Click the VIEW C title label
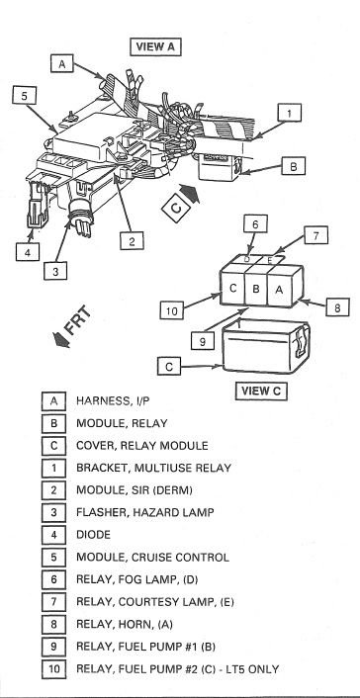tap(261, 391)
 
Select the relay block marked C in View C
tap(231, 289)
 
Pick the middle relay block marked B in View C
tap(255, 289)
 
